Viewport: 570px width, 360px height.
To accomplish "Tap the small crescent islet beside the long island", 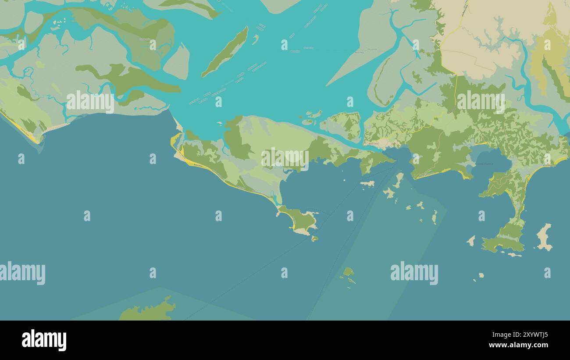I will pos(255,39).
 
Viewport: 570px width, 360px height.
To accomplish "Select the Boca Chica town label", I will pos(374,143).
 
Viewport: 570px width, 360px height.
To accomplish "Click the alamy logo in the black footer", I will pos(44,340).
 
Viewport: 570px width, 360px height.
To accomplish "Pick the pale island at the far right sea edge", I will pos(544,237).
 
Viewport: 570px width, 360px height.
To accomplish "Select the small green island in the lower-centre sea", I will pos(348,272).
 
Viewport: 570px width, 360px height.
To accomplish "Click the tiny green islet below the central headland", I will pos(314,239).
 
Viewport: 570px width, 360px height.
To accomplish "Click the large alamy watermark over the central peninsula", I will pos(285,159).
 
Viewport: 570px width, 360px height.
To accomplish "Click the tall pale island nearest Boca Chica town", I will pos(398,180).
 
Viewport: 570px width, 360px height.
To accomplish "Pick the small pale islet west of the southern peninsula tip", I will pos(471,240).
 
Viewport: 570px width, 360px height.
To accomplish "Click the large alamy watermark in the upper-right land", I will pos(481,102).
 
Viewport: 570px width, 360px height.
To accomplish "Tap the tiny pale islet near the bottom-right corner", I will pos(481,275).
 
